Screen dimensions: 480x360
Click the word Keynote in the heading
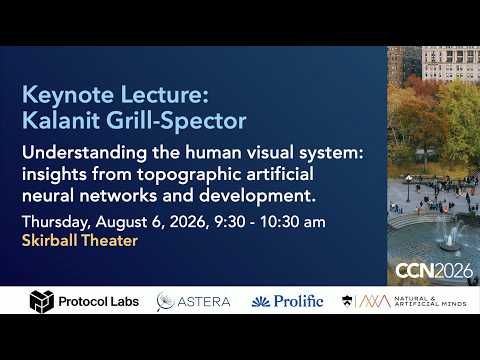68,95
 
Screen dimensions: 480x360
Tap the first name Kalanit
61,120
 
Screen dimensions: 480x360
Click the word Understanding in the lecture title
84,154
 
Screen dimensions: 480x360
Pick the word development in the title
257,196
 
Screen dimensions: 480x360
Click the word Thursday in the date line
56,223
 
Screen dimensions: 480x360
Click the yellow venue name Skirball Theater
80,241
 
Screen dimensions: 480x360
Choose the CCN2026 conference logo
434,271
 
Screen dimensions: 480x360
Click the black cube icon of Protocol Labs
42,301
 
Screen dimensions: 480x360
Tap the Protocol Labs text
99,302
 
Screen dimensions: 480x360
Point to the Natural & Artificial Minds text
430,301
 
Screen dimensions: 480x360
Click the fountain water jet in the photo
450,234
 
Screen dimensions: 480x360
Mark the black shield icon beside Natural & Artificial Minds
347,301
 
